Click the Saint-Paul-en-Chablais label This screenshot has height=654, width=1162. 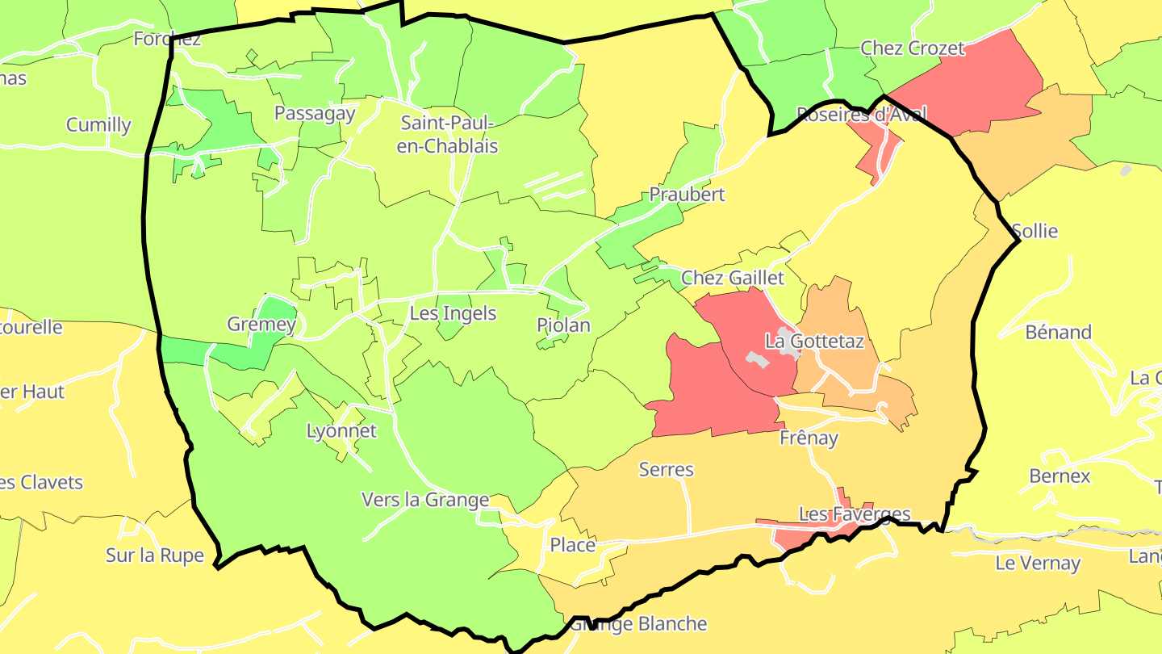[449, 135]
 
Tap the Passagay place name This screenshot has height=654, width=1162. [315, 113]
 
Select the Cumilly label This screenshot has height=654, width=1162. [98, 125]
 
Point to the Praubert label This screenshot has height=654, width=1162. [687, 195]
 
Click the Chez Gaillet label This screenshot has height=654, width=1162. [733, 279]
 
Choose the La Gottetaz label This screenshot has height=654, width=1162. [814, 342]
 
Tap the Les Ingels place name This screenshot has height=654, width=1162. [453, 313]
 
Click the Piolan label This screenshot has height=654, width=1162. [563, 325]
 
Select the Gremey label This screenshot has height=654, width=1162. [261, 325]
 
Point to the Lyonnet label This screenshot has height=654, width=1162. [341, 431]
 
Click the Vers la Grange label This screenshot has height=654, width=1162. [425, 501]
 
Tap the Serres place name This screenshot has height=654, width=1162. [666, 470]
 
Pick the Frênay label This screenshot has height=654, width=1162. [809, 438]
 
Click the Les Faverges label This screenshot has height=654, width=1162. [855, 514]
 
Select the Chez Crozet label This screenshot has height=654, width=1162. [913, 48]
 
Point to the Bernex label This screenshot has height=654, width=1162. [1060, 476]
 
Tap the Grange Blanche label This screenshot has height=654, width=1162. [639, 624]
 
